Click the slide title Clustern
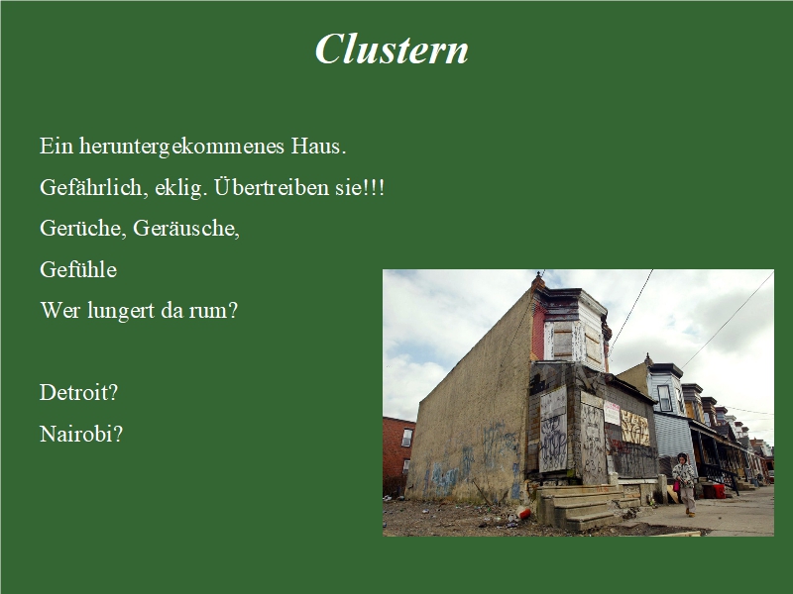point(392,49)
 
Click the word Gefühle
point(78,269)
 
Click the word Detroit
point(78,392)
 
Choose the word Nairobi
point(80,434)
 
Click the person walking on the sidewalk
point(685,482)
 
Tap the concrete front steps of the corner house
point(585,505)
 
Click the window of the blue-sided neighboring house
point(664,396)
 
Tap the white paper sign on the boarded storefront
point(612,413)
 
